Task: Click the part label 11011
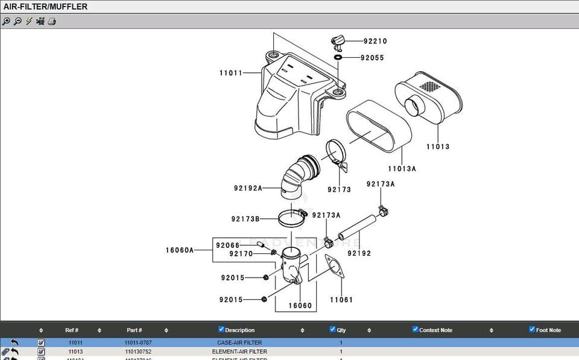[x=231, y=74]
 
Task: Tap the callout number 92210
[x=375, y=42]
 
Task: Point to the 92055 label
[x=372, y=58]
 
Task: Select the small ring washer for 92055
[x=338, y=57]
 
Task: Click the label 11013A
[x=402, y=169]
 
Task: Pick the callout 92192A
[x=248, y=188]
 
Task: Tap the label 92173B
[x=245, y=219]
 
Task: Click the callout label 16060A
[x=180, y=250]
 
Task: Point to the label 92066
[x=227, y=245]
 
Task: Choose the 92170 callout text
[x=241, y=254]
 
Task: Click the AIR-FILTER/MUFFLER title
[x=46, y=7]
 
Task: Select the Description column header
[x=239, y=330]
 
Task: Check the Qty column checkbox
[x=332, y=329]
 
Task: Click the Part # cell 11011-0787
[x=138, y=343]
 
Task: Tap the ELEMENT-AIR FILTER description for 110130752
[x=239, y=352]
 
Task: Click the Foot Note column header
[x=548, y=330]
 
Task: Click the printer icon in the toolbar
[x=52, y=21]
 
